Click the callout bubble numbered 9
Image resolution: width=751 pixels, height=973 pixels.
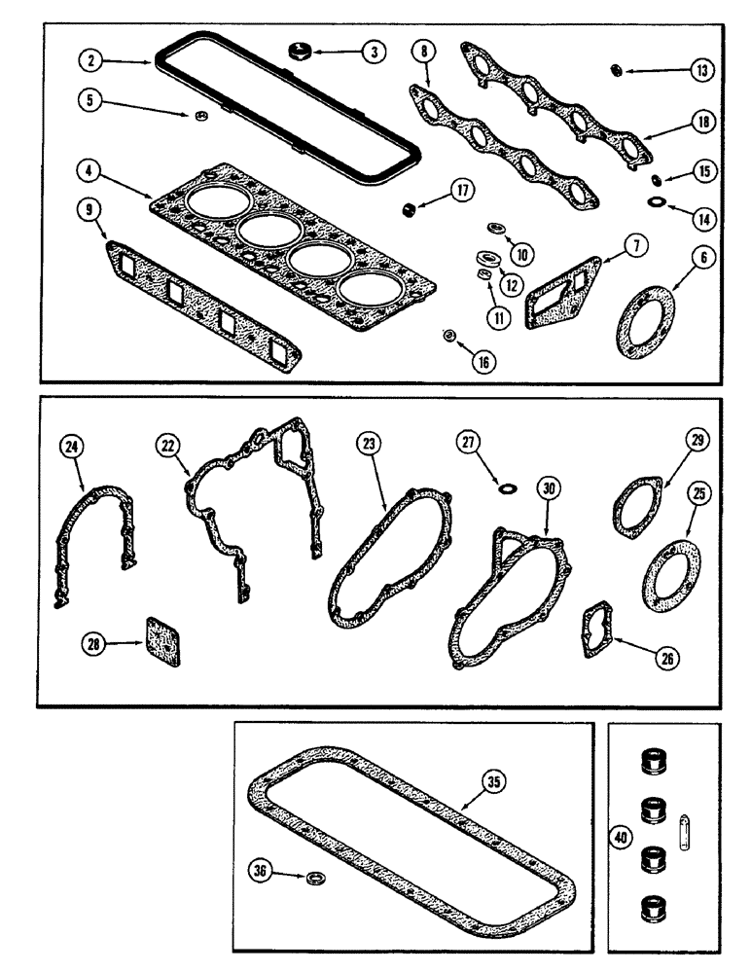[x=89, y=206]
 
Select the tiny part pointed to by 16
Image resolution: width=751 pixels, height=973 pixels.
[x=449, y=336]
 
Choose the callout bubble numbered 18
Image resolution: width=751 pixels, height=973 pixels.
[x=702, y=122]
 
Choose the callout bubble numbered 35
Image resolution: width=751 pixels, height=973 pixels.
[x=495, y=780]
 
